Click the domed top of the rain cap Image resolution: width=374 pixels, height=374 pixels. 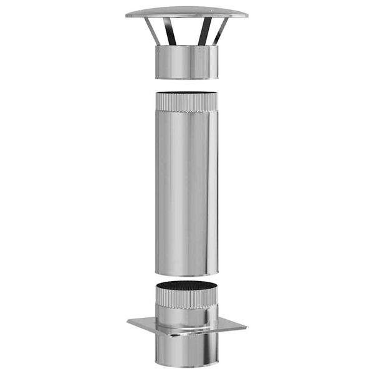click(186, 11)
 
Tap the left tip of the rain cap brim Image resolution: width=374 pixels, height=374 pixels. click(127, 16)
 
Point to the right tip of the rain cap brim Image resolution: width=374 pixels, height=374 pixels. click(246, 16)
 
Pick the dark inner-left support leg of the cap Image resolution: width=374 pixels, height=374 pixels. click(171, 31)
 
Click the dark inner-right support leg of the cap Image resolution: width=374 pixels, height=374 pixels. click(203, 31)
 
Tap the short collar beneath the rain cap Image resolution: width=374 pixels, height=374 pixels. click(186, 61)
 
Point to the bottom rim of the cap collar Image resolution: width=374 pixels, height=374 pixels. click(186, 78)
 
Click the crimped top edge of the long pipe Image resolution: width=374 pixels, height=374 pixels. click(186, 102)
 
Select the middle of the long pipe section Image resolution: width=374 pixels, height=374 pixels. click(186, 187)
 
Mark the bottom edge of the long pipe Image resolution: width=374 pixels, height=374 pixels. click(186, 274)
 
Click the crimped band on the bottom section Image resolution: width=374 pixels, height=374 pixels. click(186, 303)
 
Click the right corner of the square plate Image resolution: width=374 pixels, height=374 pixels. click(246, 327)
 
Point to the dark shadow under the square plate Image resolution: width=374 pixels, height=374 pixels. click(186, 335)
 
